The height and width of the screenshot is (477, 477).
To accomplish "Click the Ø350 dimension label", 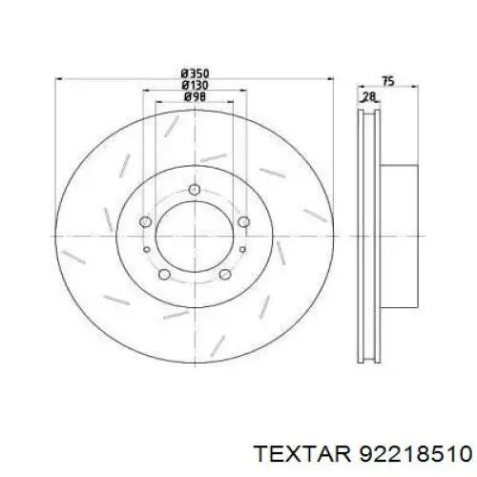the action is pos(195,74).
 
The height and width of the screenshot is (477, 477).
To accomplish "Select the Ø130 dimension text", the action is pos(195,86).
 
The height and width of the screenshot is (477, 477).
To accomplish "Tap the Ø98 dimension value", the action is pos(195,97).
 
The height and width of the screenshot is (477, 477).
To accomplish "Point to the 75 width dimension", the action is pos(388,81).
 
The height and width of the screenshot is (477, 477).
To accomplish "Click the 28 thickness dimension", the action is pos(369,96).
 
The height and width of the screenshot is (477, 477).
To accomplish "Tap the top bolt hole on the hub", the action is pos(195,190).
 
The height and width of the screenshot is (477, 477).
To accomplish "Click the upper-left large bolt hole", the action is pos(145,221).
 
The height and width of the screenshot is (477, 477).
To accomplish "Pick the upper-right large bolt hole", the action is pos(243,221).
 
